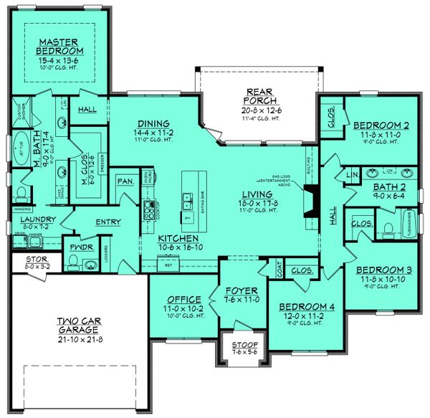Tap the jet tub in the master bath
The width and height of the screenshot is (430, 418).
pos(19,147)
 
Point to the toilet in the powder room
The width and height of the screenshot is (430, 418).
pos(91,264)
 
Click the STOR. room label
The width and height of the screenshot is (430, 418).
pos(36,259)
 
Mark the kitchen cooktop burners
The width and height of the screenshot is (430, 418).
pos(149,209)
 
